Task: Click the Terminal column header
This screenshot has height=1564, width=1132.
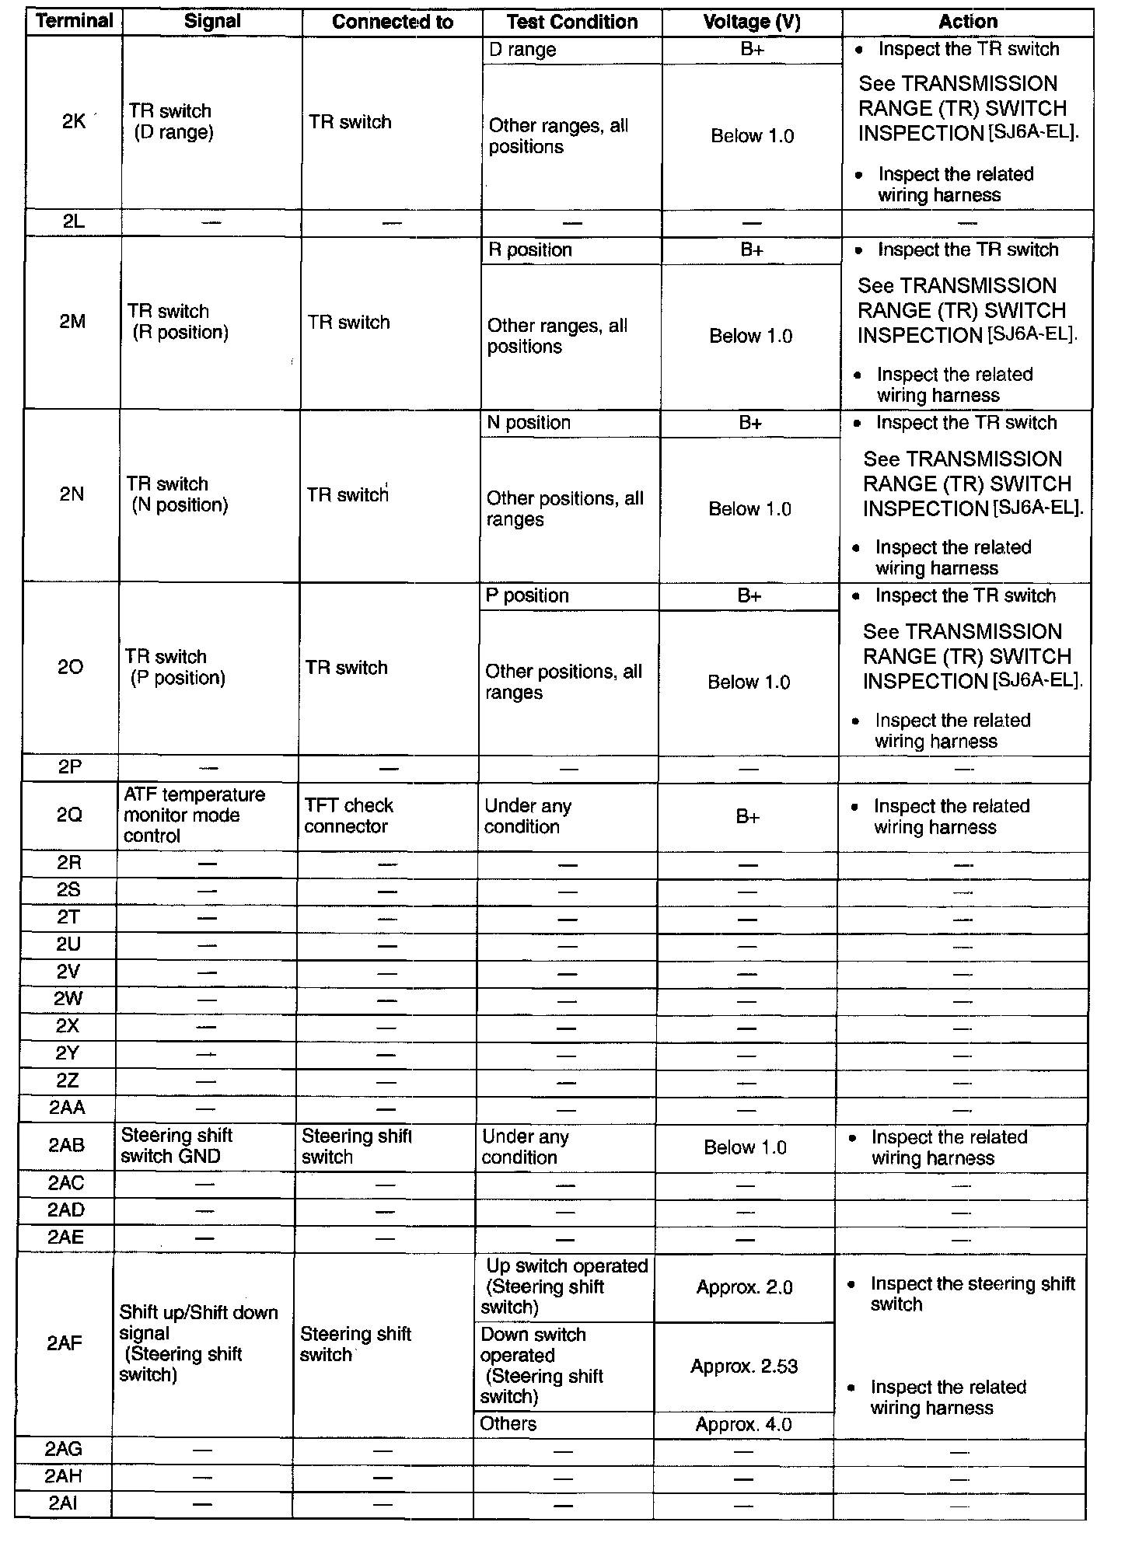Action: [75, 21]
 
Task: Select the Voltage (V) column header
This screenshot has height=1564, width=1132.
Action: [751, 22]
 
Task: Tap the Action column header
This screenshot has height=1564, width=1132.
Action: [967, 22]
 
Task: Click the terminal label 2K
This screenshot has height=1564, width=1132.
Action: [74, 121]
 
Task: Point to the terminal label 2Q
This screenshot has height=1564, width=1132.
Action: [69, 815]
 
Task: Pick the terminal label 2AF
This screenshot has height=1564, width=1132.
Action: [65, 1343]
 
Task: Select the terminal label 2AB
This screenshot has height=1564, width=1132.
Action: [67, 1145]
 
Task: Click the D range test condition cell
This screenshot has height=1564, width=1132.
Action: [522, 50]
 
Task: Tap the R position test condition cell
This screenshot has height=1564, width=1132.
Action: [529, 250]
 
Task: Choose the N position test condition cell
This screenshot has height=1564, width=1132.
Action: [528, 423]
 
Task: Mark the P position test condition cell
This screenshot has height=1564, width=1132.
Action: [526, 595]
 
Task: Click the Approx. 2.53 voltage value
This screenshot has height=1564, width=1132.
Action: [744, 1367]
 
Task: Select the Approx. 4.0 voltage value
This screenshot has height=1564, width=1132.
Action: [743, 1424]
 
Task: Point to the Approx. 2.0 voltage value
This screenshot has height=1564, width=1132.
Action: [744, 1287]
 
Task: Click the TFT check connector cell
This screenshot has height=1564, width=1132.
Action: [348, 815]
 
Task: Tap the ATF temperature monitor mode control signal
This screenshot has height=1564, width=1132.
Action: [194, 815]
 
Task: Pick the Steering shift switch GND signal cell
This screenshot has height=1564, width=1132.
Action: [177, 1146]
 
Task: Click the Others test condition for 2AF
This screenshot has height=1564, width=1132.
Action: [508, 1423]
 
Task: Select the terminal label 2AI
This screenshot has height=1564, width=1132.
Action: [63, 1503]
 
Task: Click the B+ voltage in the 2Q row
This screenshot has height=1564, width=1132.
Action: [748, 816]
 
